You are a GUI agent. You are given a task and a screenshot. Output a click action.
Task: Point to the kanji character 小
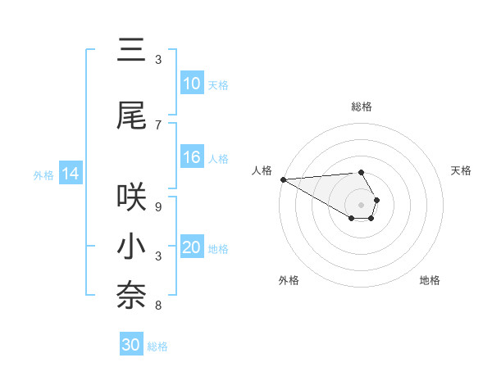pos(132,247)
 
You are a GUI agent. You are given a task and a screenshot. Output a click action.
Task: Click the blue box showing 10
pos(191,84)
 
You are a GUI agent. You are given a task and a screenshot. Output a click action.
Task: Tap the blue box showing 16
pos(191,158)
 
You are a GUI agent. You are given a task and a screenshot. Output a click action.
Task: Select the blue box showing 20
pos(191,248)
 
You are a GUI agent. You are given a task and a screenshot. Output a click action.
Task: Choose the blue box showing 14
pos(70,174)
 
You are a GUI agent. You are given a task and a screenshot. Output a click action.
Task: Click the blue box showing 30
pos(130,345)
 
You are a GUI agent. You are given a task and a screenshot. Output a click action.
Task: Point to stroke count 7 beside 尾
pos(157,125)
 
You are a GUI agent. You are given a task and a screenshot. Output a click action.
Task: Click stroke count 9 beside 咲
pos(157,206)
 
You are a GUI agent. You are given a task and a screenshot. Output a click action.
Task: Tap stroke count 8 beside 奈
pos(157,306)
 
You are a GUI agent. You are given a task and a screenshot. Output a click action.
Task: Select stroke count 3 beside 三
pos(157,60)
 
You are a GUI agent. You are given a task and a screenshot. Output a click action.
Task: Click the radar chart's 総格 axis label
pos(362,106)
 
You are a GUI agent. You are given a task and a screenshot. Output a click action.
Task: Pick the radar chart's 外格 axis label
pos(289,280)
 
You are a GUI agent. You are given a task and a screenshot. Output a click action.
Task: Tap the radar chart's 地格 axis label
pos(430,280)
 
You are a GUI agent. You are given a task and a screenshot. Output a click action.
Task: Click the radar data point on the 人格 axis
pos(283,179)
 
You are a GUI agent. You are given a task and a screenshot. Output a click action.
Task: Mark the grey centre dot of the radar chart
pos(361,204)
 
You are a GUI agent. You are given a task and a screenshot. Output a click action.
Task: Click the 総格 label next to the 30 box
pos(157,346)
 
